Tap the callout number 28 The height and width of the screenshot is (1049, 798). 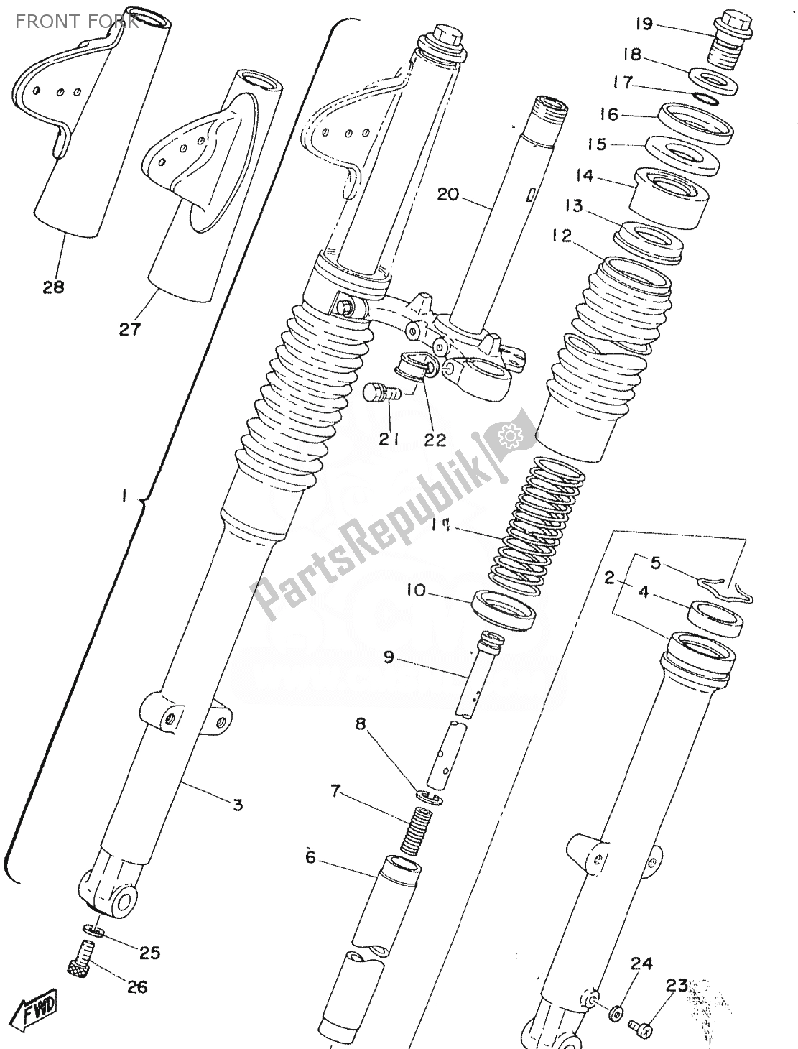tap(53, 287)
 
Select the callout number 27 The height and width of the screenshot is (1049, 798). tap(130, 329)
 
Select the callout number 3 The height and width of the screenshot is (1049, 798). tap(238, 804)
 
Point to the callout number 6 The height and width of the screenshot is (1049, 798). tap(310, 857)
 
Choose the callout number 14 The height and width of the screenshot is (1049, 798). tap(585, 175)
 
